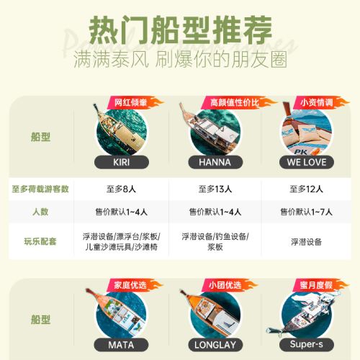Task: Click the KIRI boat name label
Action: click(122, 162)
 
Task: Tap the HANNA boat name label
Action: click(215, 162)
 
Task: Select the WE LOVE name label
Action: click(307, 162)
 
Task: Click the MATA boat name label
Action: click(121, 345)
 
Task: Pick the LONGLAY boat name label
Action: click(215, 345)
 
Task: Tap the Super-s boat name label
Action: click(307, 344)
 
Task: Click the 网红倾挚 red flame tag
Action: click(135, 102)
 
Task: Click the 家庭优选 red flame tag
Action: click(135, 285)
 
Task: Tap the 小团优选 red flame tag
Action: click(229, 285)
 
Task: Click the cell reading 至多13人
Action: click(215, 189)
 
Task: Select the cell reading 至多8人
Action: click(121, 189)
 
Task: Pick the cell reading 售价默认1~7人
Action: click(306, 212)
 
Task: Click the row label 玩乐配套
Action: click(40, 241)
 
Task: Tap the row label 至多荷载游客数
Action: click(40, 189)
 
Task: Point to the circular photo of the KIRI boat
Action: click(122, 131)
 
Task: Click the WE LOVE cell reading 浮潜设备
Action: click(306, 242)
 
